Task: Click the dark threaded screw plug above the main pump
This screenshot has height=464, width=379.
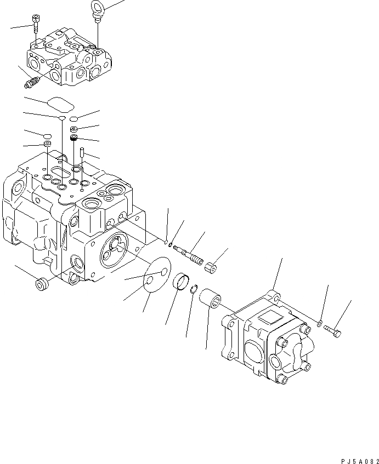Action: click(x=73, y=138)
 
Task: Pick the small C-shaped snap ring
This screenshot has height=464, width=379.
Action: click(x=194, y=290)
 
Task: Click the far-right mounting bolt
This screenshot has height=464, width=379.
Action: click(x=333, y=330)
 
